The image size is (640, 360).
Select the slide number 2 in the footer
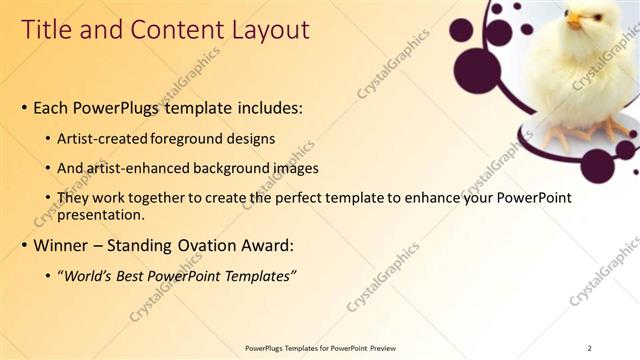tap(589, 348)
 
